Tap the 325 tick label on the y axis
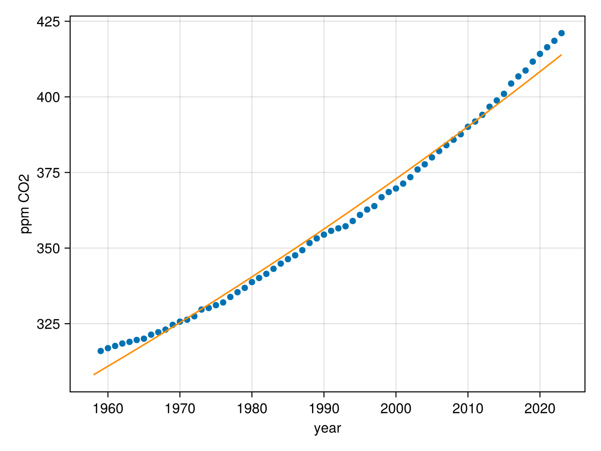[x=49, y=324]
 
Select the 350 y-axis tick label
[x=49, y=249]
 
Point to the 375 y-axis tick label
[x=49, y=173]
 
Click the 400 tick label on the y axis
[x=49, y=97]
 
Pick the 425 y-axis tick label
[x=49, y=22]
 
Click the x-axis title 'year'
[x=328, y=429]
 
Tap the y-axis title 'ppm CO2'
[x=25, y=203]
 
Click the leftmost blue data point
[x=101, y=351]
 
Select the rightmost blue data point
[x=561, y=33]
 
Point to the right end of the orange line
[x=561, y=55]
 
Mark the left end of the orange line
[x=94, y=374]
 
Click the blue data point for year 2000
[x=396, y=188]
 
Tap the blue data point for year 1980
[x=252, y=282]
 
